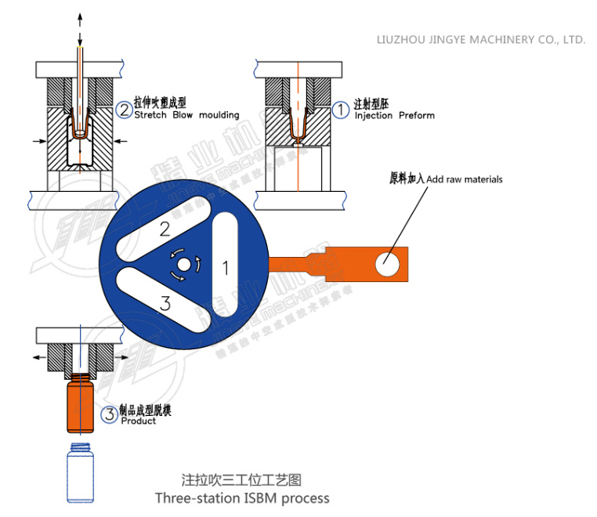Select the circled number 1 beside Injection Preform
341,110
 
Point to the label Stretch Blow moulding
186,115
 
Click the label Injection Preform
394,115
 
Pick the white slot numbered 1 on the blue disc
224,267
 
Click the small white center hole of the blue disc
183,266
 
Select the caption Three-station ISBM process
241,498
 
